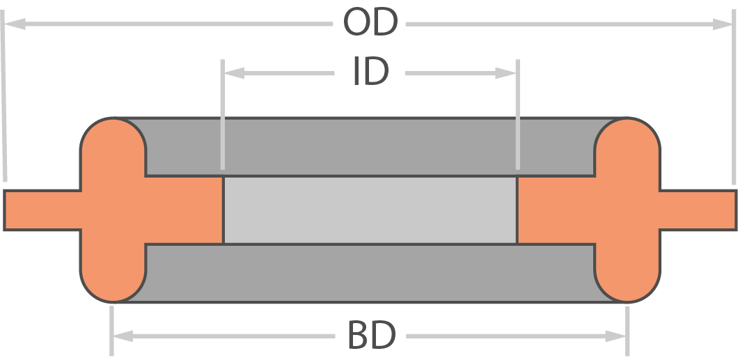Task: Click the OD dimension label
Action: pos(370,22)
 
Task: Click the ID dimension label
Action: pos(371,72)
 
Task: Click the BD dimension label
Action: pos(371,335)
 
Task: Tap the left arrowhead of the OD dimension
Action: pos(15,24)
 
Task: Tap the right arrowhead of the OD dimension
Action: pos(723,24)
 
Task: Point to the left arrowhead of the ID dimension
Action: pos(234,73)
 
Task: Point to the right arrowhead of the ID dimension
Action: pos(506,73)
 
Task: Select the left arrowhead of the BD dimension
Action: pos(123,336)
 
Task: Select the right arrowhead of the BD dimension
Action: pos(615,336)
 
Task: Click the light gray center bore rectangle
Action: pos(370,210)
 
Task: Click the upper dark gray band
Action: pos(370,147)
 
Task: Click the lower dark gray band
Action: pos(370,273)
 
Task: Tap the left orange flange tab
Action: pos(42,210)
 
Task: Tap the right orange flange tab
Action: pos(698,210)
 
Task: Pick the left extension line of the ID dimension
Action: pos(223,114)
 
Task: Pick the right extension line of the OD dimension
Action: pos(733,97)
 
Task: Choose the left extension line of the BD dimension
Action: pos(111,331)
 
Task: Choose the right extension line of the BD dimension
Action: pos(627,331)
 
